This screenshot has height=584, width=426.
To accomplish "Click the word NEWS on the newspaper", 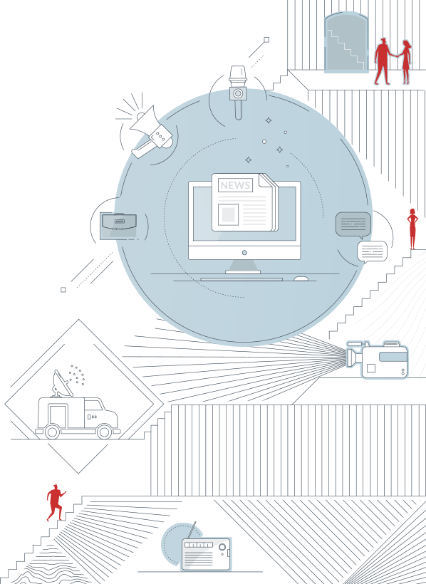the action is coord(235,185).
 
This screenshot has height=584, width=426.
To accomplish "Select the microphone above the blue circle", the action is coord(238,93).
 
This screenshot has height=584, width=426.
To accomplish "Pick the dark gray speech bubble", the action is coord(353,225).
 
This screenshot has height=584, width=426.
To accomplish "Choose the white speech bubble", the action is coord(372,252).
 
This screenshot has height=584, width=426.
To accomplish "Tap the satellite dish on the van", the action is coord(62,384).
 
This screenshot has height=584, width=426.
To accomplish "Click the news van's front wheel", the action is coord(104,432).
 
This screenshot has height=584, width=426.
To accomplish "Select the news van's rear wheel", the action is coord(52,432).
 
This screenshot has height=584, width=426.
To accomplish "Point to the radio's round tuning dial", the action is coord(222,547).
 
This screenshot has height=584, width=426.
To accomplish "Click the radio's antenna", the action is coord(191,531).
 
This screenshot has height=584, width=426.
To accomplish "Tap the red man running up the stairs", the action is coord(56,502).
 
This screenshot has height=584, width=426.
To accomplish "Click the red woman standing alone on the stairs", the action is coord(412,229).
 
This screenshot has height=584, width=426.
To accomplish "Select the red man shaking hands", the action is coord(383,61).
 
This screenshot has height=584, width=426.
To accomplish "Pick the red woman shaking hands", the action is coord(405,62).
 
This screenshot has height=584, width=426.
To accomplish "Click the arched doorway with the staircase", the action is coord(347,42).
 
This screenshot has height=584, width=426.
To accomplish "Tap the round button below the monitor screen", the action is coord(244,253).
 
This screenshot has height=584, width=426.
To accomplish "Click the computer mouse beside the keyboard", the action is coord(301,278).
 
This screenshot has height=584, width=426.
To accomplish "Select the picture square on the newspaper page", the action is coord(228,214).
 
